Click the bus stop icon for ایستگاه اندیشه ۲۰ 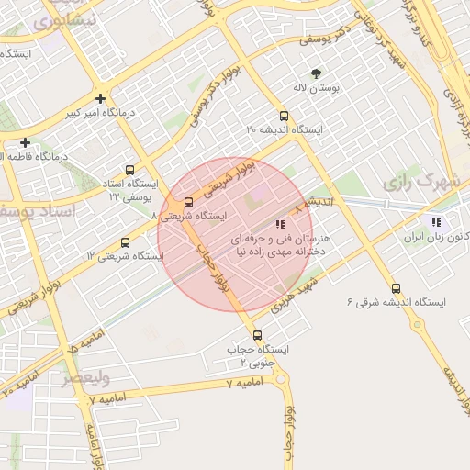click(284, 117)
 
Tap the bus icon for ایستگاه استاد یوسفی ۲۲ click(129, 170)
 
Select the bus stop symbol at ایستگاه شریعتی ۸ click(188, 202)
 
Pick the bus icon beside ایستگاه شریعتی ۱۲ click(125, 243)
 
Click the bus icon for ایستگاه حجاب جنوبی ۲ click(257, 335)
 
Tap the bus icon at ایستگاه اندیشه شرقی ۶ click(396, 288)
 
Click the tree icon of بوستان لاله click(317, 73)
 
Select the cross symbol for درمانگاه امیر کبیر click(100, 98)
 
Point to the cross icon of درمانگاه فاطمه click(25, 142)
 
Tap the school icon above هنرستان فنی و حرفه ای click(280, 222)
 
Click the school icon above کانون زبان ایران click(436, 222)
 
